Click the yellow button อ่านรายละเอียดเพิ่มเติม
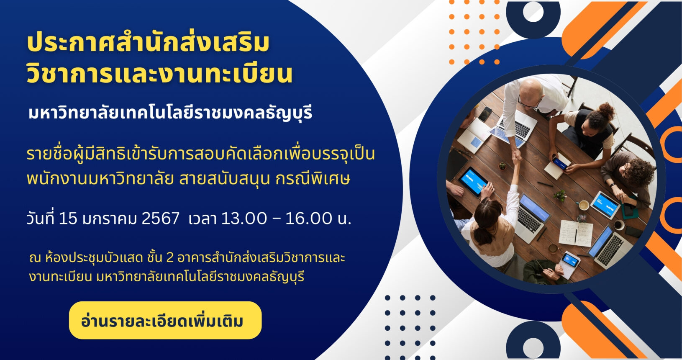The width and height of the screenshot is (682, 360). point(165,320)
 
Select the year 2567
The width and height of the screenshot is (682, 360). point(160,219)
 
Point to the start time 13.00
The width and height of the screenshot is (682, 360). point(244,219)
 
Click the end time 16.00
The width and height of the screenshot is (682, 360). point(308,219)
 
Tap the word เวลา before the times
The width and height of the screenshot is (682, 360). point(202,219)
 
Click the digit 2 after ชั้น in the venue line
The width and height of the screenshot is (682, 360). point(170,258)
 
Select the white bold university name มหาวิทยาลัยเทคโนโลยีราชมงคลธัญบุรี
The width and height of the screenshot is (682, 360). point(170,112)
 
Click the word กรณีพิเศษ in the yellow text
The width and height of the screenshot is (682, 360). point(313,179)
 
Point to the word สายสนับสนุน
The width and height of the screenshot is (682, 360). point(224,179)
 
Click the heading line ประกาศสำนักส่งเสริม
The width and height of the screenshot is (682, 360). point(148,43)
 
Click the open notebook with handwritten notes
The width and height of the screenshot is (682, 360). point(576,233)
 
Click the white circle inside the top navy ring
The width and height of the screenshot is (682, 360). point(533,11)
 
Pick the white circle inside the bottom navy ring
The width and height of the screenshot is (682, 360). point(533,347)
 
